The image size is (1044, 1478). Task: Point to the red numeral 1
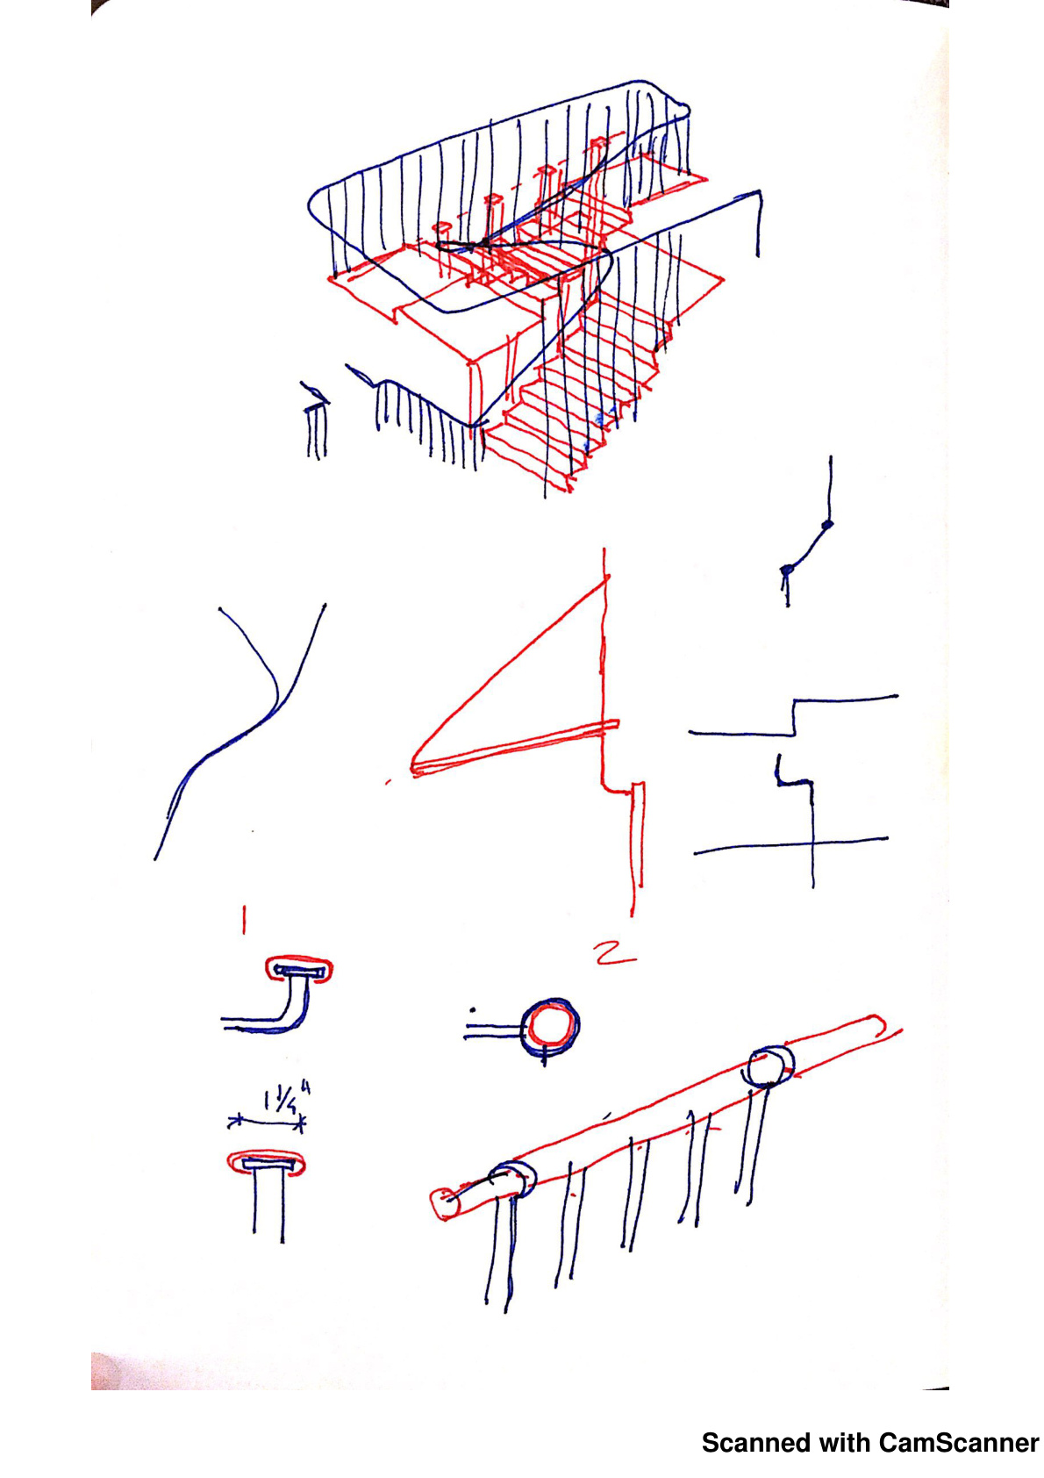(x=244, y=920)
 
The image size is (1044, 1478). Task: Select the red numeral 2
(x=615, y=953)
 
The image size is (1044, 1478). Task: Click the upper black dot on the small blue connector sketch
(x=828, y=525)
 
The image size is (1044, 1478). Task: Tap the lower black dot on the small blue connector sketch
(x=786, y=570)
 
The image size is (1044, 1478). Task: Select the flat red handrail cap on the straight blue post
(x=266, y=1163)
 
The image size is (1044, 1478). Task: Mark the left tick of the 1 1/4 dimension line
(x=235, y=1121)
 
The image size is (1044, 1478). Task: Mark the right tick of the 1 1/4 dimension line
(x=300, y=1123)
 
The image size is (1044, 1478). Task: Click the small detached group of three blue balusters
(x=316, y=422)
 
